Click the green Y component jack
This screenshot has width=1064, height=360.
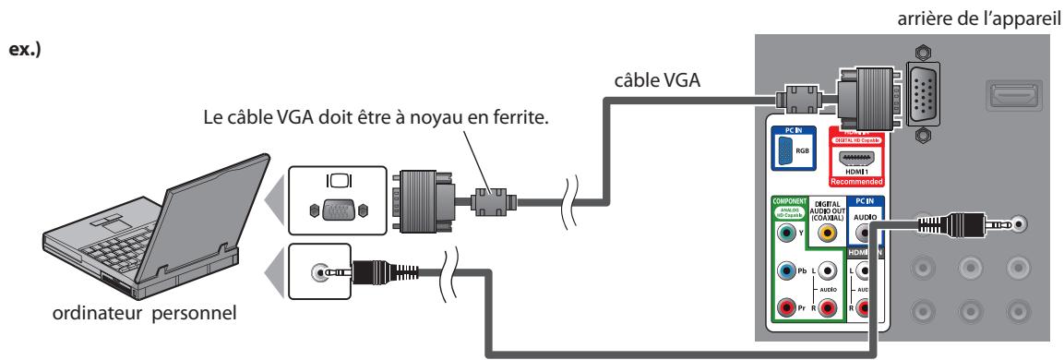pos(784,234)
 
